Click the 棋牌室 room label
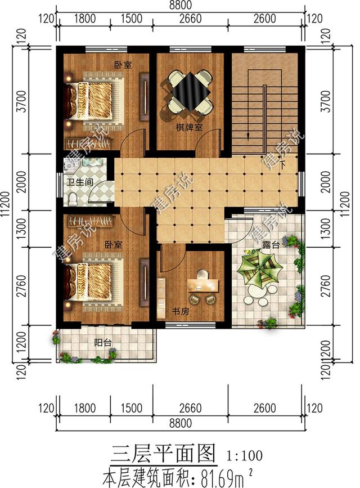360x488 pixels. pyautogui.click(x=189, y=128)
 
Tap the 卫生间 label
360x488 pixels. pyautogui.click(x=80, y=182)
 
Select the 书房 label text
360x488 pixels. pyautogui.click(x=181, y=311)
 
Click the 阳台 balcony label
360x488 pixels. pyautogui.click(x=103, y=343)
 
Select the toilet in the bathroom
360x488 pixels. pyautogui.click(x=73, y=199)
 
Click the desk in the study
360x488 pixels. pyautogui.click(x=203, y=285)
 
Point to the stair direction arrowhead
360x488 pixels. pyautogui.click(x=248, y=137)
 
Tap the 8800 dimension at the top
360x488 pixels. pyautogui.click(x=180, y=5)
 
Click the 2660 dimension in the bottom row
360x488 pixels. pyautogui.click(x=190, y=408)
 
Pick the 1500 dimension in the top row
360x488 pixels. pyautogui.click(x=132, y=19)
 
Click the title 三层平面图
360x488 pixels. pyautogui.click(x=163, y=454)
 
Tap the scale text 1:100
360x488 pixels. pyautogui.click(x=245, y=455)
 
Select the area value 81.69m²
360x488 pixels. pyautogui.click(x=226, y=478)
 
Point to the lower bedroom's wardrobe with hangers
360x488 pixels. pyautogui.click(x=90, y=221)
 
